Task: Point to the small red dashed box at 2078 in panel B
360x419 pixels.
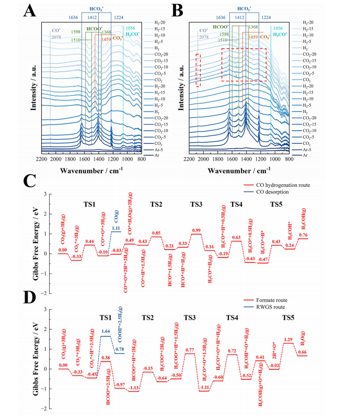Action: (x=198, y=70)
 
